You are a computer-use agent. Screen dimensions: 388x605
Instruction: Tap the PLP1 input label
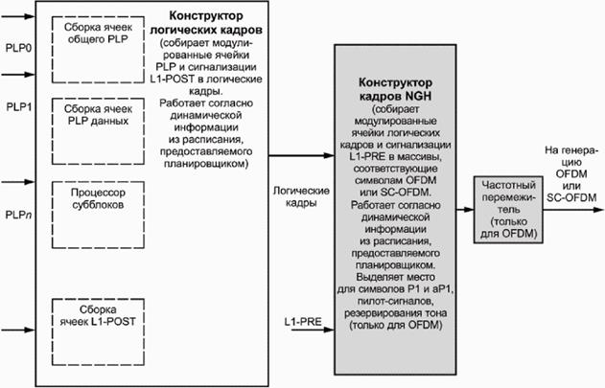(x=18, y=106)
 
